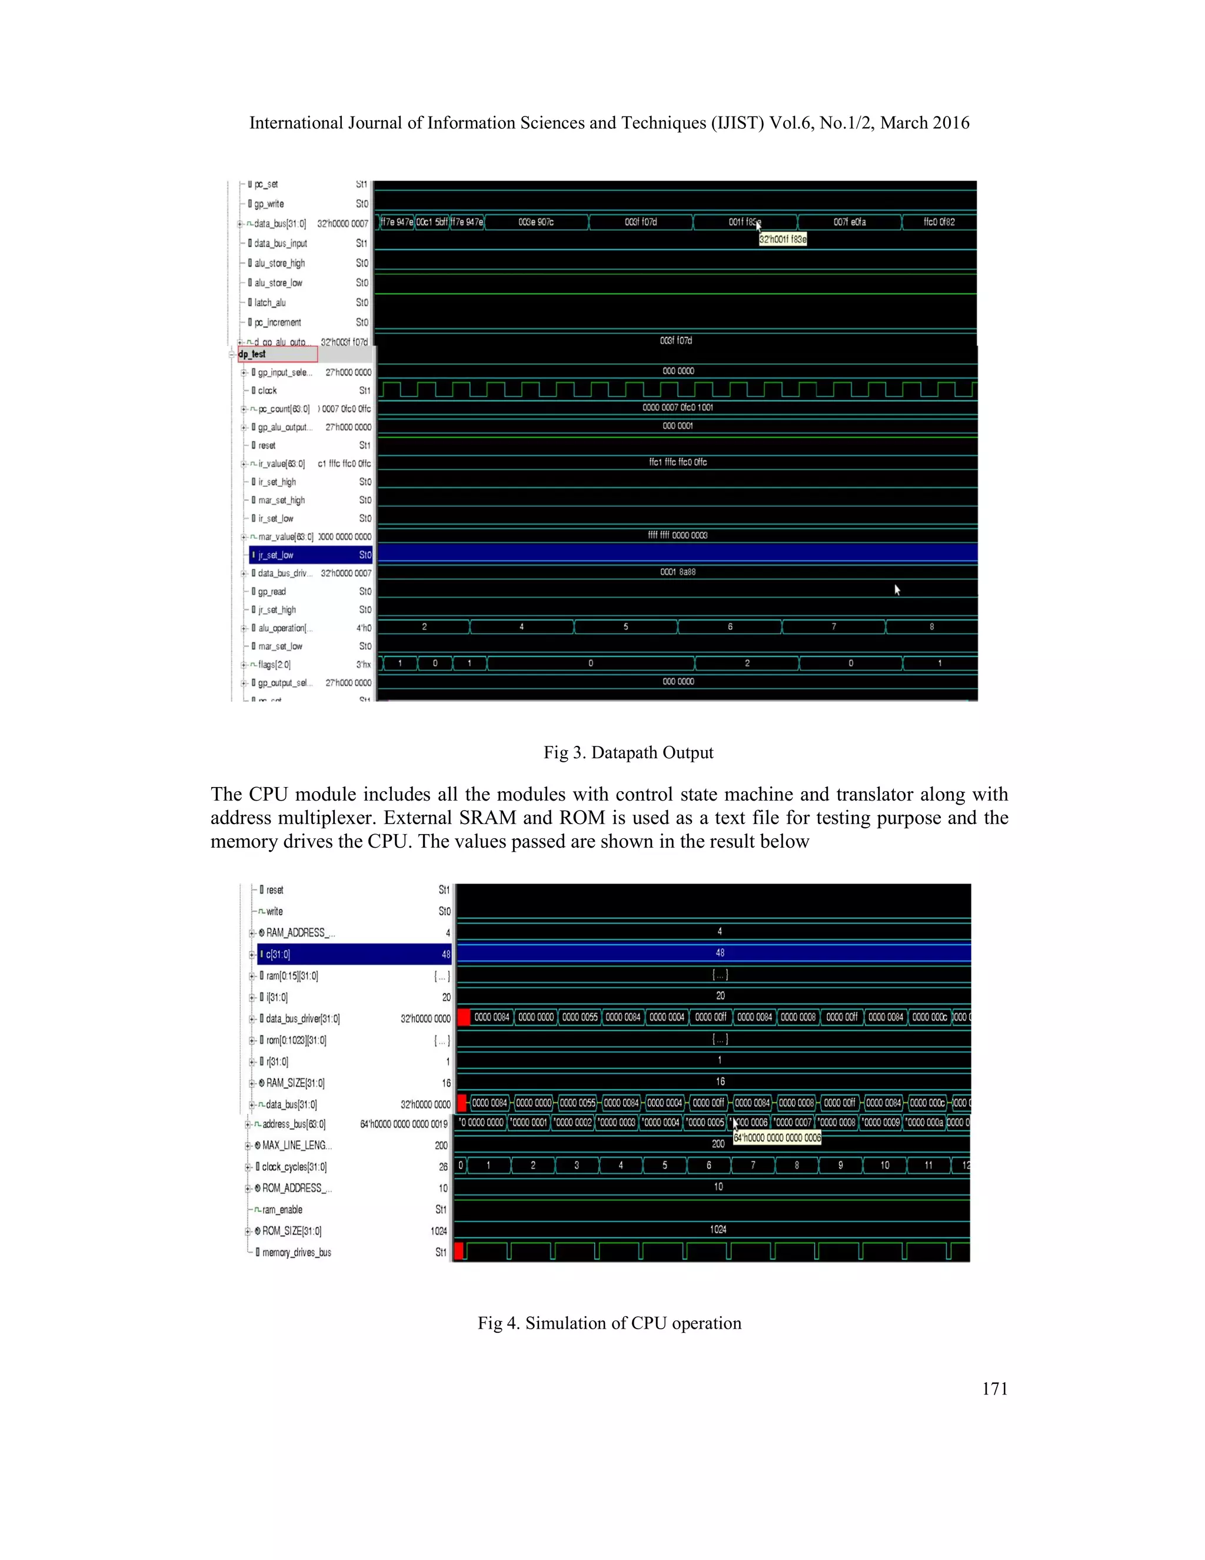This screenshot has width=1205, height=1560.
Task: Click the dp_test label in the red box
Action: click(x=252, y=354)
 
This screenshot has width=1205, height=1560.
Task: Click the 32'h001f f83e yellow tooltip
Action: click(x=783, y=239)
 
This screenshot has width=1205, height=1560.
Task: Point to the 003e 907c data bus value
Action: click(x=535, y=222)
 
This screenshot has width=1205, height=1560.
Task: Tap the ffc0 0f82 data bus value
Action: click(x=938, y=222)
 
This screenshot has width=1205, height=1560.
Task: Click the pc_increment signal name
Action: click(x=278, y=322)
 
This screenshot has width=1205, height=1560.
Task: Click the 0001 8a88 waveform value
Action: click(x=677, y=572)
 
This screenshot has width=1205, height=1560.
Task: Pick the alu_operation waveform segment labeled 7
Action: click(x=833, y=627)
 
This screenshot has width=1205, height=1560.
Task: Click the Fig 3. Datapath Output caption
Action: click(x=628, y=752)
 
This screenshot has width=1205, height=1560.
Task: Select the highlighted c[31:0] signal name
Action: click(x=278, y=954)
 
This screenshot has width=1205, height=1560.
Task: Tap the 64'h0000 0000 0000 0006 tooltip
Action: click(x=777, y=1138)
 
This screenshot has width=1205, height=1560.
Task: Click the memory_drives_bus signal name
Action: click(x=297, y=1252)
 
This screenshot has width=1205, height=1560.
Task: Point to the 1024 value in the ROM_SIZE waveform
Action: click(x=718, y=1229)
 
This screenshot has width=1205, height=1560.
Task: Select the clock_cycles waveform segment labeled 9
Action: click(x=840, y=1165)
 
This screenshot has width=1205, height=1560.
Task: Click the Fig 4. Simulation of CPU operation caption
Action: click(x=610, y=1323)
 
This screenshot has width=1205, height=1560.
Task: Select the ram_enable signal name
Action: click(x=282, y=1209)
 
